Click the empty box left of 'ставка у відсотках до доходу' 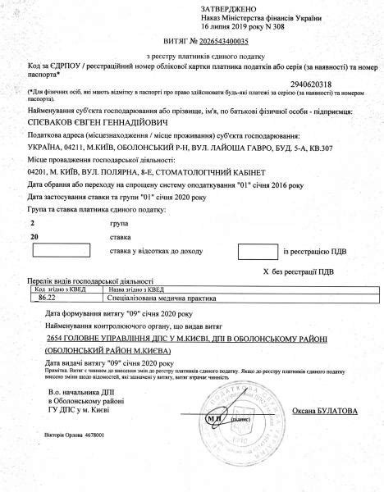(x=61, y=249)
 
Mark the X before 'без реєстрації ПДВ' (x=265, y=269)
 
